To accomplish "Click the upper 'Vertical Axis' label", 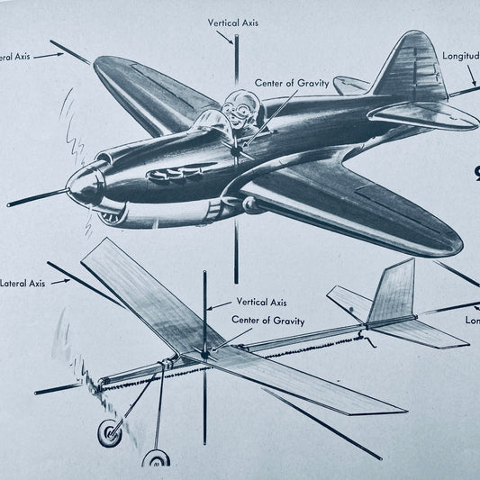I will point(232,23).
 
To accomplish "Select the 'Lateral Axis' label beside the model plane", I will point(24,282).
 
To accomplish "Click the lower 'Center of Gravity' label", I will point(267,321).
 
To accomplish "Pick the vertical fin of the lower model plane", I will point(394,290).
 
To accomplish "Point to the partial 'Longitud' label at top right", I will point(460,56).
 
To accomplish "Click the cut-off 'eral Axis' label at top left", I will point(15,56).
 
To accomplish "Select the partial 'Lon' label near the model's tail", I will point(472,320).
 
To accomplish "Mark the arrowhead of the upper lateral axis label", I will point(60,55).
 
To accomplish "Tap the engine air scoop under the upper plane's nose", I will point(111,216).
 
